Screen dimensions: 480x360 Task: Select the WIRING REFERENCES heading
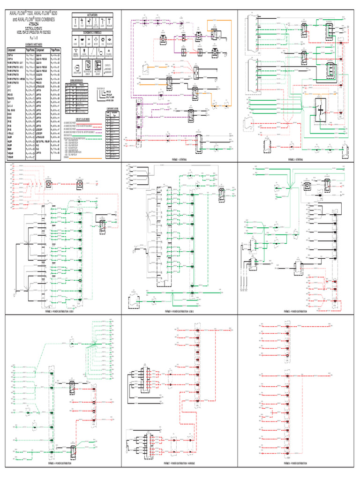[x=79, y=80]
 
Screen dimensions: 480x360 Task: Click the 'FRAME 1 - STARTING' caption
[x=180, y=159]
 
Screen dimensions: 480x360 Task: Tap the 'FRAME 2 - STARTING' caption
[x=297, y=159]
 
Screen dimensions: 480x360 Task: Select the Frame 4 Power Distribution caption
[x=180, y=311]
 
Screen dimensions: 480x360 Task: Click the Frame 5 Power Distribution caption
[x=297, y=311]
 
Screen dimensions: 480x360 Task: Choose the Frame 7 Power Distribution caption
[x=180, y=463]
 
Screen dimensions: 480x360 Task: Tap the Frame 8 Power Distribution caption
[x=297, y=463]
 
